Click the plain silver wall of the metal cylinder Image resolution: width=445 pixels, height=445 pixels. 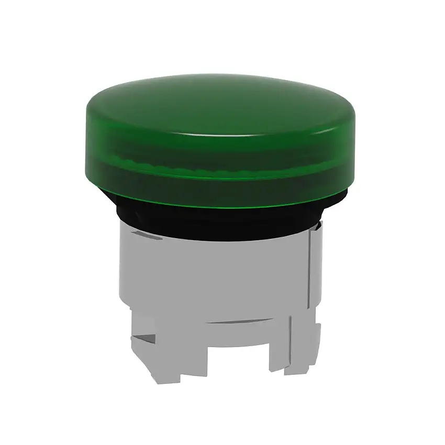click(220, 272)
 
